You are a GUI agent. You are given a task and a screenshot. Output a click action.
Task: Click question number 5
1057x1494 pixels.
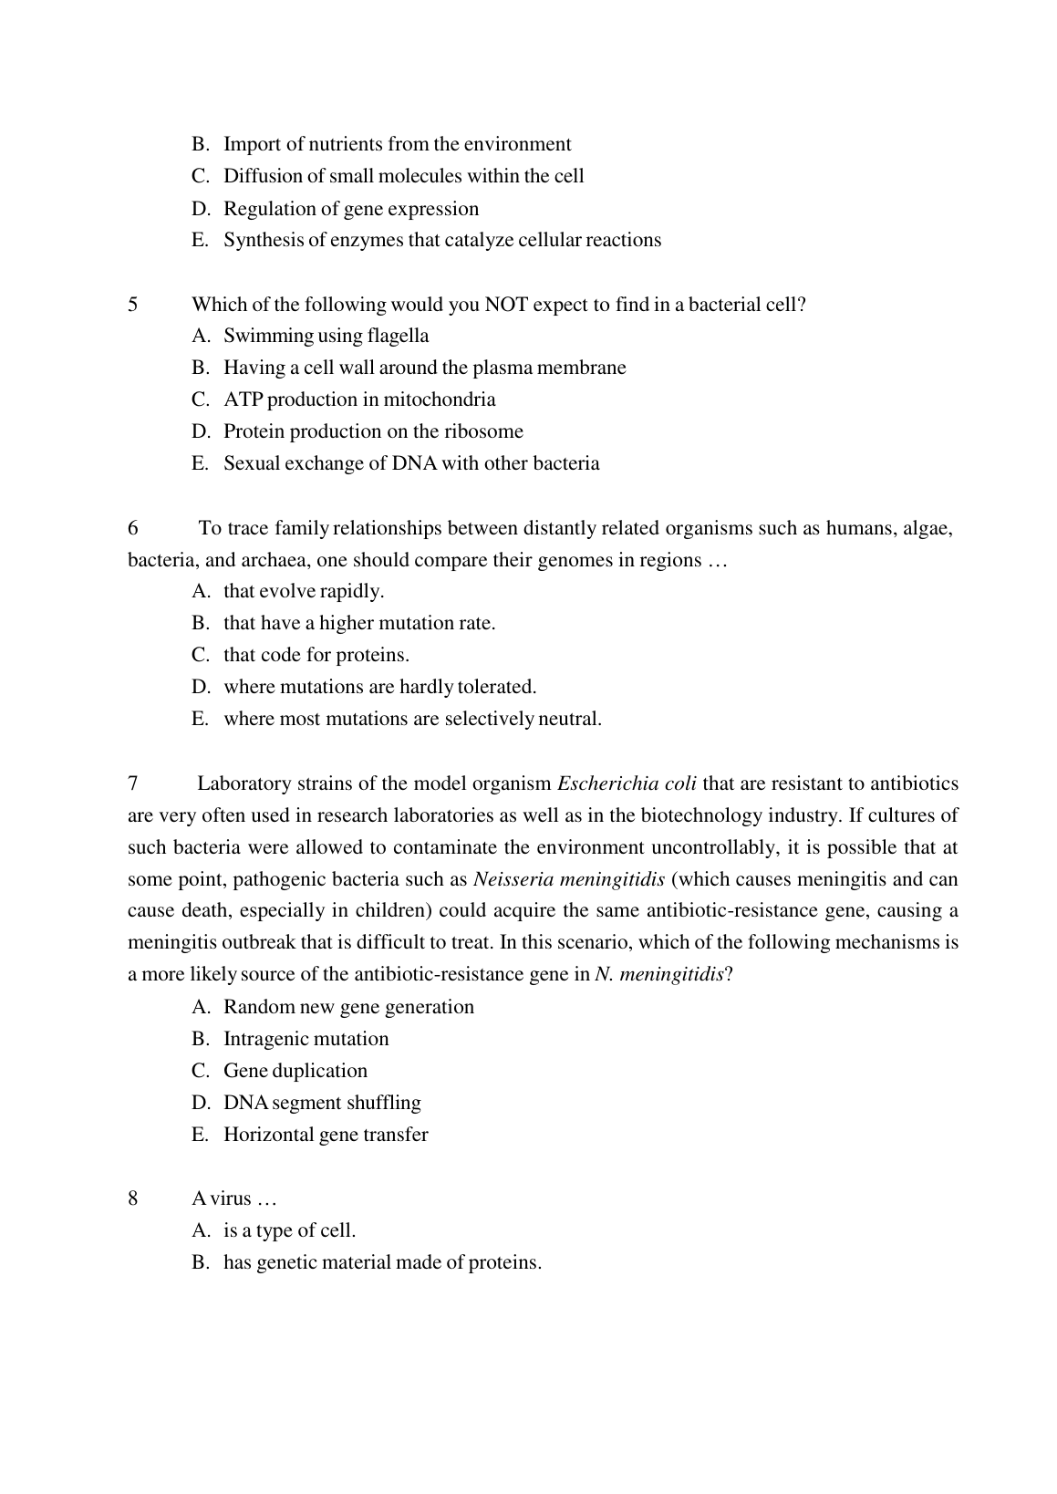coord(133,305)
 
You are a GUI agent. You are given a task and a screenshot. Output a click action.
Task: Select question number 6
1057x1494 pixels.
coord(133,528)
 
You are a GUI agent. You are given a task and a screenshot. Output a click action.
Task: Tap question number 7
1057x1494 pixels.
coord(133,783)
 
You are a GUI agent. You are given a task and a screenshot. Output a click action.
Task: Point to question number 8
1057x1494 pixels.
coord(133,1198)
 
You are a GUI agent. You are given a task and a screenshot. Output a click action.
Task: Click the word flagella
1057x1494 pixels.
coord(398,337)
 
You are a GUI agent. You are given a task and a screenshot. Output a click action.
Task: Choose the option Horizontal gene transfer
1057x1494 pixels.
coord(326,1135)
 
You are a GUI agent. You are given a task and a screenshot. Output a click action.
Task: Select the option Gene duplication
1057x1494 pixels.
coord(295,1071)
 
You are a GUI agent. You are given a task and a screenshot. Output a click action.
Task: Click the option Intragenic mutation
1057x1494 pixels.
coord(306,1039)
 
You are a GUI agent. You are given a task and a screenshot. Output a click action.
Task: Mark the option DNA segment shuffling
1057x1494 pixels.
coord(322,1103)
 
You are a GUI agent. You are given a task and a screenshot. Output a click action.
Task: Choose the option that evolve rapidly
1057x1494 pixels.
coord(304,591)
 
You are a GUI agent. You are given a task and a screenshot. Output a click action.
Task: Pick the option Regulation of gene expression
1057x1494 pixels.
coord(351,209)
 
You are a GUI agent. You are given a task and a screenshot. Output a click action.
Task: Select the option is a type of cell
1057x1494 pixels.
coord(289,1230)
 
